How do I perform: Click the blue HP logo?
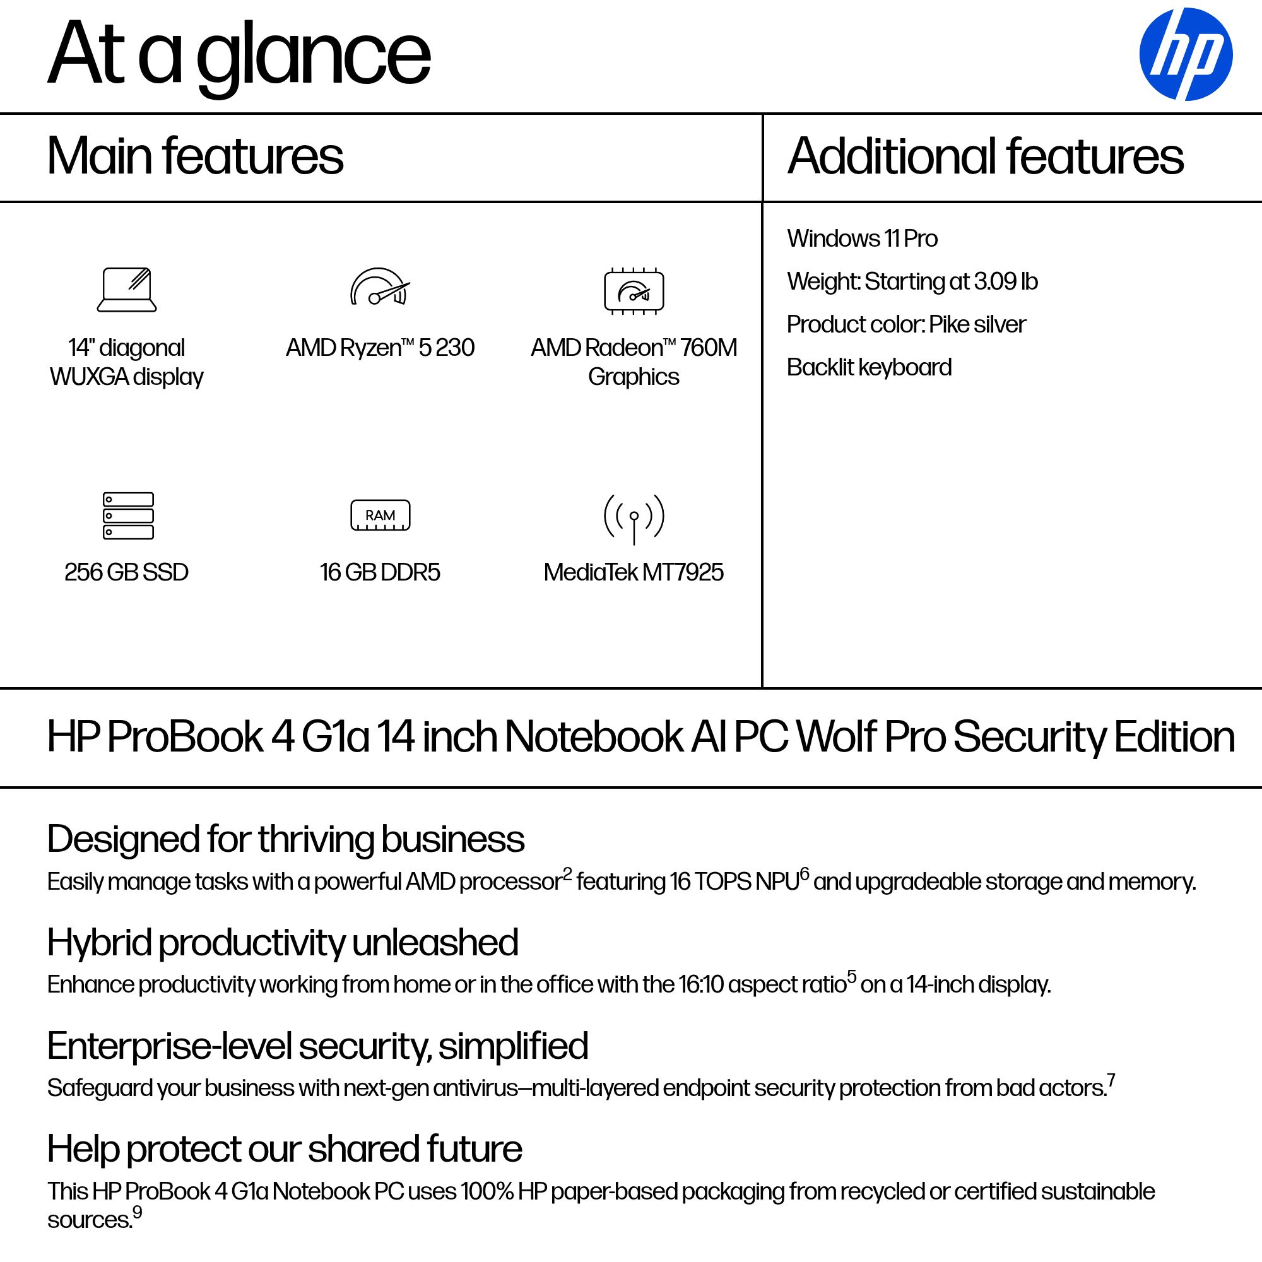pyautogui.click(x=1185, y=54)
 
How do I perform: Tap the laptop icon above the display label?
pyautogui.click(x=127, y=290)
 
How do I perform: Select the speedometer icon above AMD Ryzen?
pyautogui.click(x=380, y=286)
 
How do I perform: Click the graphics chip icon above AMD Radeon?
pyautogui.click(x=634, y=291)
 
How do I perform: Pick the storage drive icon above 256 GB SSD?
pyautogui.click(x=128, y=516)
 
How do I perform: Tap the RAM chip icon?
pyautogui.click(x=380, y=516)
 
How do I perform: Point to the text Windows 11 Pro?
pyautogui.click(x=861, y=239)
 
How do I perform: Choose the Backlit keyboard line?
pyautogui.click(x=869, y=368)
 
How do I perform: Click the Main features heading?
pyautogui.click(x=194, y=156)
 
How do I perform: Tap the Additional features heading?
pyautogui.click(x=985, y=156)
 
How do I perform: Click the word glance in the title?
pyautogui.click(x=314, y=56)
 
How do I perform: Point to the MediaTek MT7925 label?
pyautogui.click(x=634, y=572)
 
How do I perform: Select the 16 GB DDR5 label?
pyautogui.click(x=380, y=572)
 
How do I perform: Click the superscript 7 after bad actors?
pyautogui.click(x=1111, y=1080)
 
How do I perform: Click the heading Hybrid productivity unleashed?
pyautogui.click(x=282, y=943)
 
